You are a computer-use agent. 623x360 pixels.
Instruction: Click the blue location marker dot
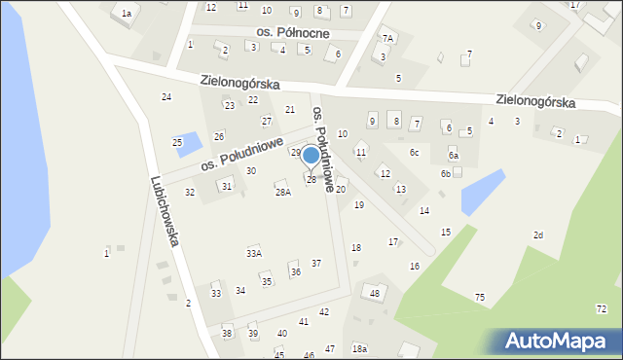click(311, 155)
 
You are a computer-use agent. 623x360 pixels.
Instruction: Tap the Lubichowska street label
click(164, 211)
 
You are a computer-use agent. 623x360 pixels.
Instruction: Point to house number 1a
click(127, 13)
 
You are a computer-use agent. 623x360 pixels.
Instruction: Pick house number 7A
click(387, 38)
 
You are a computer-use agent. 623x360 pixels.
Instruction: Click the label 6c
click(414, 152)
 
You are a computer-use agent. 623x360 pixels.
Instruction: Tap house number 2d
click(537, 235)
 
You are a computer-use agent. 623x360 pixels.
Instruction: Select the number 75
click(479, 297)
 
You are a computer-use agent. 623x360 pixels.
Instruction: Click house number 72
click(601, 308)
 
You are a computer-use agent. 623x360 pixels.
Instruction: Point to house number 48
click(375, 293)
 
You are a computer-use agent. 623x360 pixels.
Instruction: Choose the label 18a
click(360, 348)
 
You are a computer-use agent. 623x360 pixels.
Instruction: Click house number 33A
click(253, 253)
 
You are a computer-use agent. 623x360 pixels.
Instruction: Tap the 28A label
click(282, 193)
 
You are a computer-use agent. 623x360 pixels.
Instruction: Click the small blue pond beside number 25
click(194, 144)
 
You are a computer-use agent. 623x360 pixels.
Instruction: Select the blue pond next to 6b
click(483, 192)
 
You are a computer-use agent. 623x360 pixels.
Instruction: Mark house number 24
click(166, 96)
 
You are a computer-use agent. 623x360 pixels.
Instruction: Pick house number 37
click(316, 264)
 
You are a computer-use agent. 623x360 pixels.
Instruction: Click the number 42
click(324, 311)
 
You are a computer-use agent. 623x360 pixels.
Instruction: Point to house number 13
click(400, 189)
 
